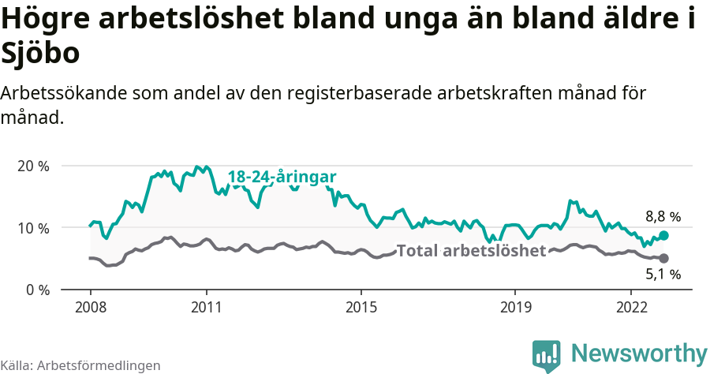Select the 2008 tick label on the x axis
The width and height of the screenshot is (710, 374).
[x=90, y=306]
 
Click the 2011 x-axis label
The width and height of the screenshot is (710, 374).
[x=206, y=306]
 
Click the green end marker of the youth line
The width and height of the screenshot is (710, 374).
[x=663, y=235]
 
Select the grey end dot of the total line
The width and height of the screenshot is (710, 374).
[x=663, y=258]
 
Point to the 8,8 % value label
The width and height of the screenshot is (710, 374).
[x=663, y=216]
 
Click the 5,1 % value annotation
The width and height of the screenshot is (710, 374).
[x=663, y=275]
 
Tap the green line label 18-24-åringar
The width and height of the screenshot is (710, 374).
[x=282, y=178]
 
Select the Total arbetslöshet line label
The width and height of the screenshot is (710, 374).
[x=471, y=251]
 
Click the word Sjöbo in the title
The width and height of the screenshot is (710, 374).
[x=40, y=55]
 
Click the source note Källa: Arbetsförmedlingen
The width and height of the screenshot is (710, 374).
[x=80, y=365]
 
